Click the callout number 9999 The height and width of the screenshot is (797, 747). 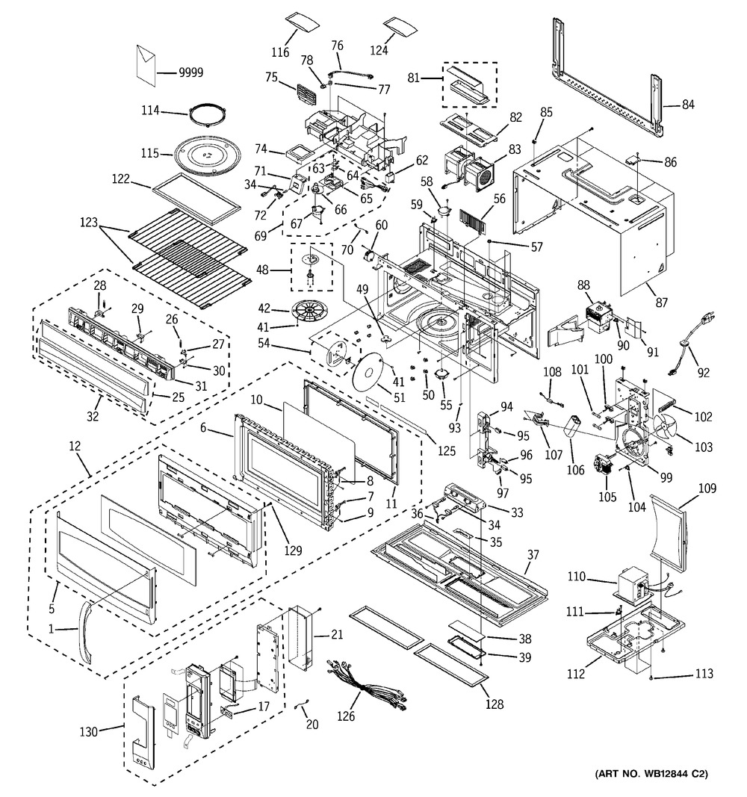[x=191, y=72]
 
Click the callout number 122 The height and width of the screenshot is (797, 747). [x=121, y=180]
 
